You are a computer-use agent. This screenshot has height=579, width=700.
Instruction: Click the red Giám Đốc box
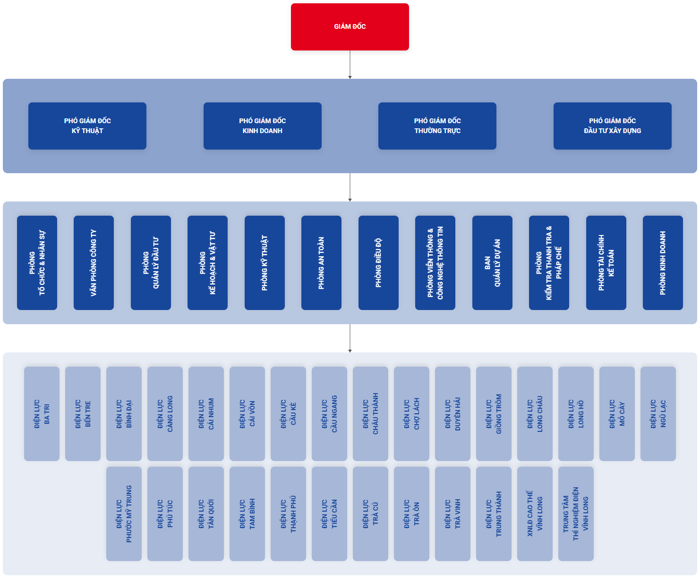350,27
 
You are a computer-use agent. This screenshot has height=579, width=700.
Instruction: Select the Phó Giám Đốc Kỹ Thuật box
87,126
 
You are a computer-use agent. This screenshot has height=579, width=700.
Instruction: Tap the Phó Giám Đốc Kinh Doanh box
263,126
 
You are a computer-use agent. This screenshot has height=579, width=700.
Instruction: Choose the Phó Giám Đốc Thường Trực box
437,126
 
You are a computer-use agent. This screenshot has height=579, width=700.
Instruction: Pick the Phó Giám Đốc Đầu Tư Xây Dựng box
613,126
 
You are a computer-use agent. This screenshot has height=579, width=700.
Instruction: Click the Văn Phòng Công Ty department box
94,263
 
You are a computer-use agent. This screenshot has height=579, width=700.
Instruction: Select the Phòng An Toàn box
321,263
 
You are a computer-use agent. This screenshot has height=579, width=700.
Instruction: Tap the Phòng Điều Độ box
378,263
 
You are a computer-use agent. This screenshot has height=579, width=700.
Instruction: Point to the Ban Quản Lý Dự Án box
492,263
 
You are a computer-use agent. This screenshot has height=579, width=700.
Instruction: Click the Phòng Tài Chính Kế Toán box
606,263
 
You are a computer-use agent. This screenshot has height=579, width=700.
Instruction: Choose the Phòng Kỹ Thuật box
265,263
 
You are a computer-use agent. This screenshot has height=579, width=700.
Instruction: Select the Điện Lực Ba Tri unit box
42,414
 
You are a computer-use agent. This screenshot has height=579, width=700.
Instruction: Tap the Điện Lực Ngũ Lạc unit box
658,414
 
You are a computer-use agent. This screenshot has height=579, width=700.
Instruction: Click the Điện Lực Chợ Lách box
411,414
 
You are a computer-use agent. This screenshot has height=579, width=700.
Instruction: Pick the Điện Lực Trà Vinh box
452,514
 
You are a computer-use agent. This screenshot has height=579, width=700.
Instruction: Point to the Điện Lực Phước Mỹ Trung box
124,514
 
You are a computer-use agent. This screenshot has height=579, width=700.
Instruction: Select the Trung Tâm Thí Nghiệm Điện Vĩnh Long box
576,514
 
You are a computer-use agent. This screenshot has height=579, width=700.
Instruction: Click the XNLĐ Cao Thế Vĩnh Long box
535,514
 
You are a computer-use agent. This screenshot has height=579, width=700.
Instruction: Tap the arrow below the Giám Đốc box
350,65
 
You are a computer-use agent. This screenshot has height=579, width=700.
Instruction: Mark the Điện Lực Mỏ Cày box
617,414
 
